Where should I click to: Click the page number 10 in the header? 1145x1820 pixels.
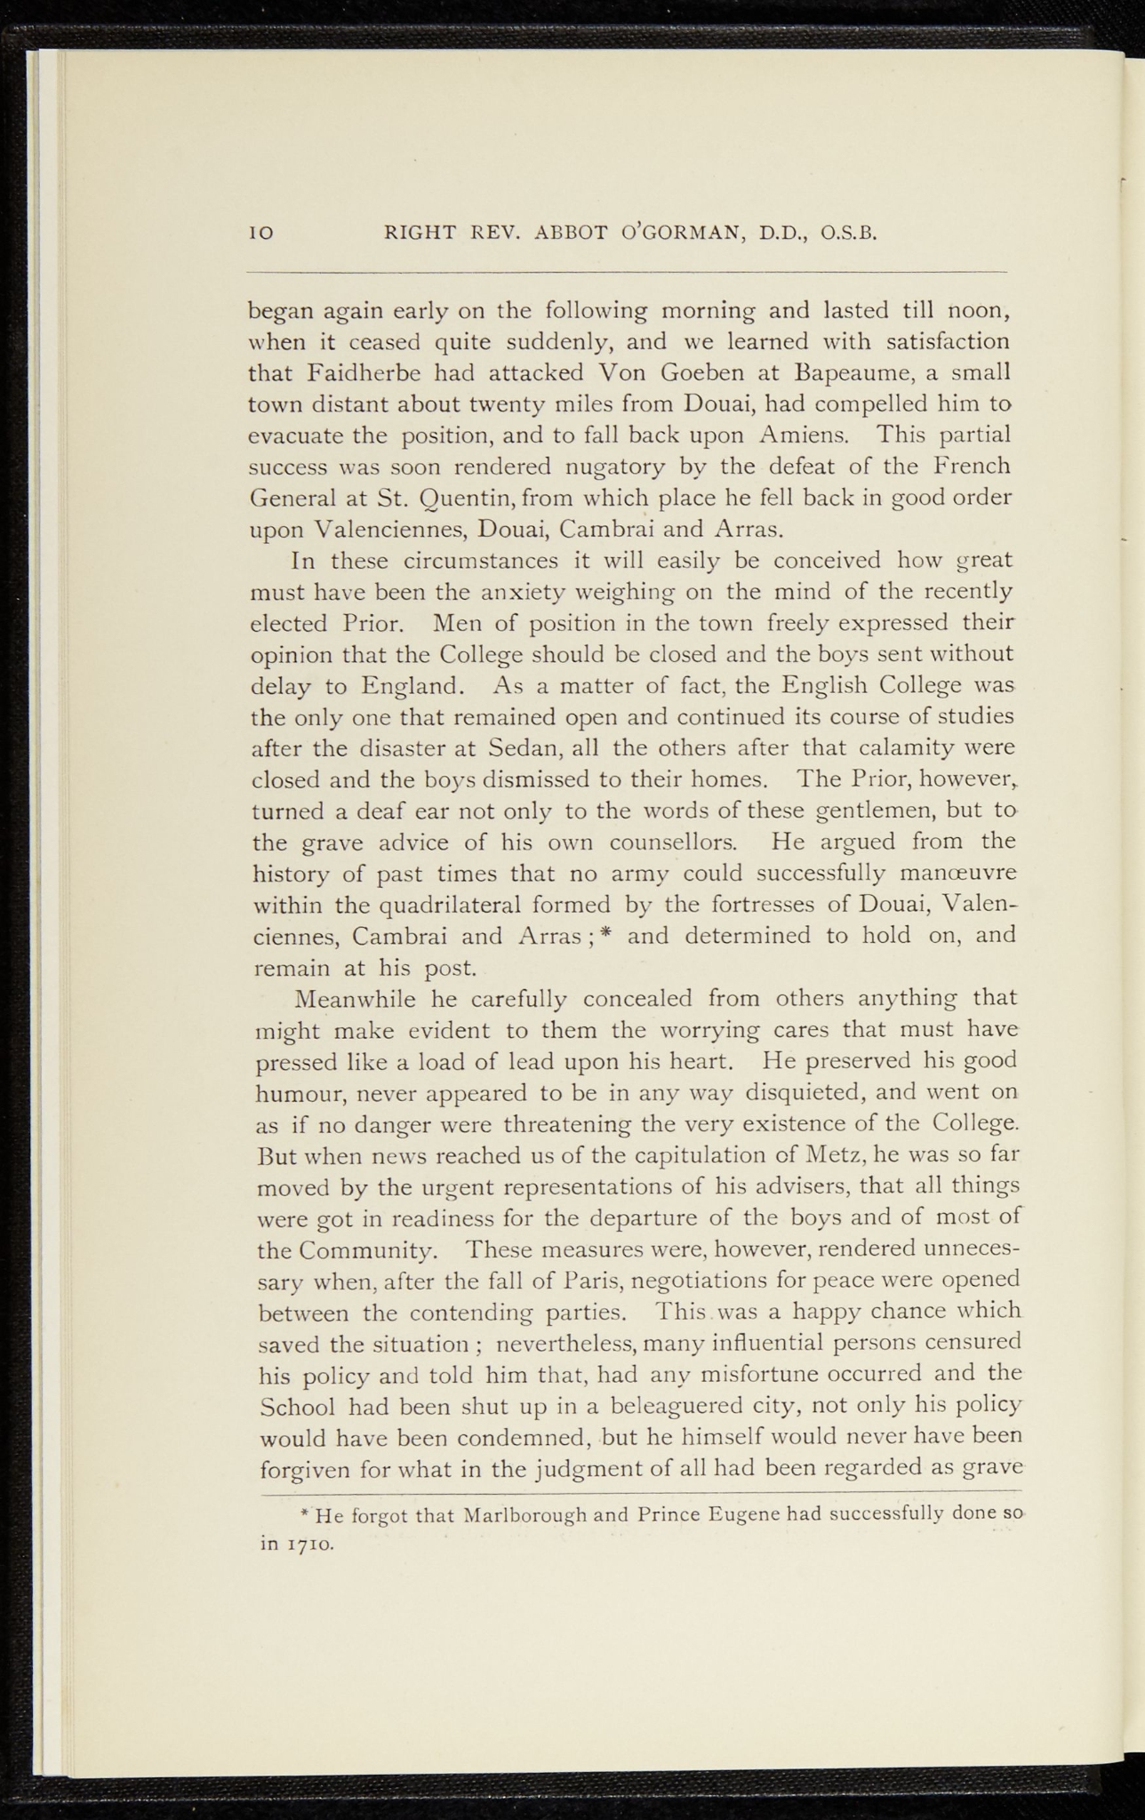260,234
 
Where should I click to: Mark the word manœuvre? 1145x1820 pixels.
964,874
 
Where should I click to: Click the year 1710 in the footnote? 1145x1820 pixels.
308,1545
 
